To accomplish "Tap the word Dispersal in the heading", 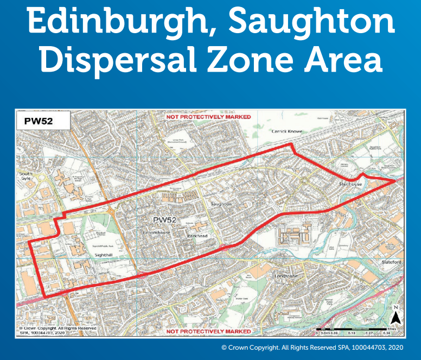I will [114, 60].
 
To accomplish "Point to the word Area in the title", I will [339, 60].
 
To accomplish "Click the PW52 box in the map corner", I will [39, 121].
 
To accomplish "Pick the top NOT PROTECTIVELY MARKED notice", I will [208, 117].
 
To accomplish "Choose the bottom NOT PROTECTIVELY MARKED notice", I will [208, 331].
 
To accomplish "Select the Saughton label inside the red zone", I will [221, 204].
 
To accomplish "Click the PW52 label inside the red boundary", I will [165, 219].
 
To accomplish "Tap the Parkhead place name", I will [196, 236].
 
